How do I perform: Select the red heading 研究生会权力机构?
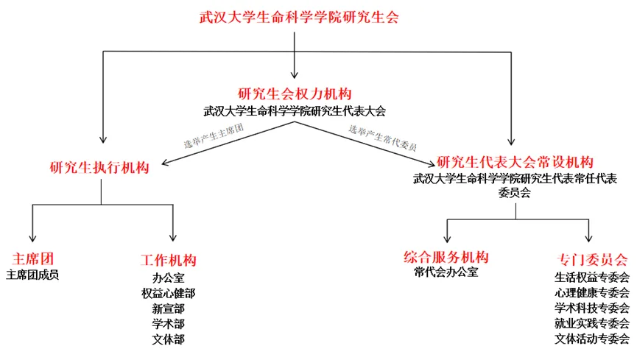pos(295,93)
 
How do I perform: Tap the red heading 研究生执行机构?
pos(99,167)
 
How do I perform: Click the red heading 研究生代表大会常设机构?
pos(515,161)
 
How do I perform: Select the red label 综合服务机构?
pos(446,257)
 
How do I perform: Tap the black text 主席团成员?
pos(32,275)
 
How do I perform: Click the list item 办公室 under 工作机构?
pos(169,278)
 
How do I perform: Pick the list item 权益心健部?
pos(169,294)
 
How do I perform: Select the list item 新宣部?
pos(169,308)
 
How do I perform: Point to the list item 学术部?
pos(169,324)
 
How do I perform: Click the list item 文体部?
pos(169,339)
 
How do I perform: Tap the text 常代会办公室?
pos(446,273)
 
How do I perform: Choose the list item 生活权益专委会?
pos(592,278)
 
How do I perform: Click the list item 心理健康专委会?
pos(592,293)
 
